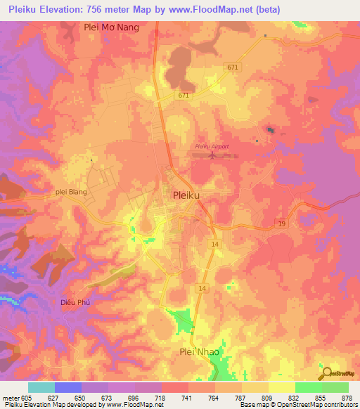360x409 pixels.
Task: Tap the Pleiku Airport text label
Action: coord(212,145)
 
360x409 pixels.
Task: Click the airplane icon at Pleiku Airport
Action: coord(214,155)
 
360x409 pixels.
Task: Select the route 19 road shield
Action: coord(280,223)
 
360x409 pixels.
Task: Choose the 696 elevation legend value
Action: coord(134,397)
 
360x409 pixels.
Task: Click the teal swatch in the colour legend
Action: coord(41,387)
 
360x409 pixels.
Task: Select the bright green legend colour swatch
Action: coord(308,387)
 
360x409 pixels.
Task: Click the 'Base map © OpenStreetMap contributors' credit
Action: coord(298,405)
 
